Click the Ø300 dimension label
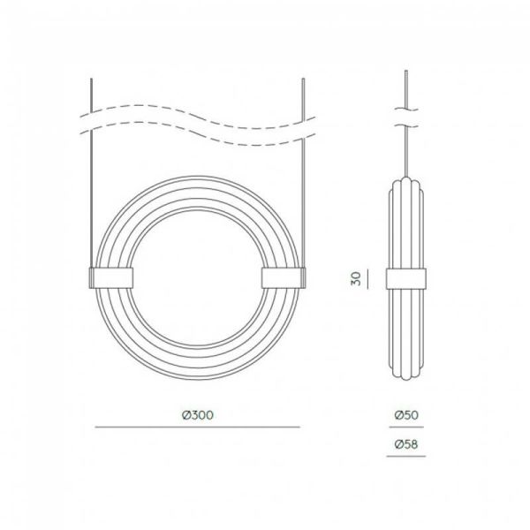pos(197,414)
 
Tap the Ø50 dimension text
pos(407,414)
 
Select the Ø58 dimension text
pos(407,445)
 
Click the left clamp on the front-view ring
pos(110,277)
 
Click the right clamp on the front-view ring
pos(284,277)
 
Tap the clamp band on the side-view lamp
pos(407,277)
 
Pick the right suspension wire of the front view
pos(304,177)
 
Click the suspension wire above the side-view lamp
pos(407,150)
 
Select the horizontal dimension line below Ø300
pos(197,428)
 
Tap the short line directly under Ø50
pos(407,428)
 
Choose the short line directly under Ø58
pos(407,458)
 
